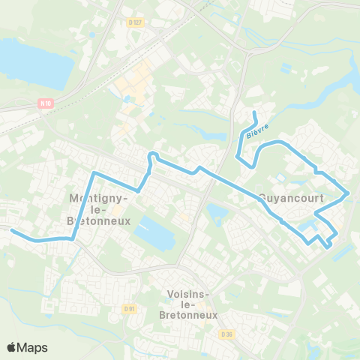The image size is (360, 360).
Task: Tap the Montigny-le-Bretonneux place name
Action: (x=100, y=210)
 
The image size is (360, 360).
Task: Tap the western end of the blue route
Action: (x=11, y=231)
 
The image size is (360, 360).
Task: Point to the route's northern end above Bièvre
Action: (x=255, y=113)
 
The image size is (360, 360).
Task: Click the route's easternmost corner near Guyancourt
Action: (x=349, y=193)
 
